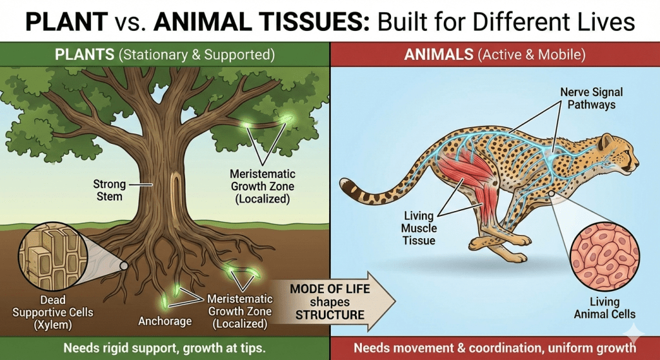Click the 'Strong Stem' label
point(110,190)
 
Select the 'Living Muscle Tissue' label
point(419,228)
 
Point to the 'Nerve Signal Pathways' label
point(592,98)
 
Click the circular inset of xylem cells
point(53,257)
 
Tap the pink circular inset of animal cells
point(605,257)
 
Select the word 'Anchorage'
point(165,321)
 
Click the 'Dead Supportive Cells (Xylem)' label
point(53,312)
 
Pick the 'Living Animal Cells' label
point(605,308)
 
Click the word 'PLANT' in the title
point(66,21)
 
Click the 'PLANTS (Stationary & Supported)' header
point(165,55)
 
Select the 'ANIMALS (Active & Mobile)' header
point(495,55)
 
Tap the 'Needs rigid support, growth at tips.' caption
point(165,348)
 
